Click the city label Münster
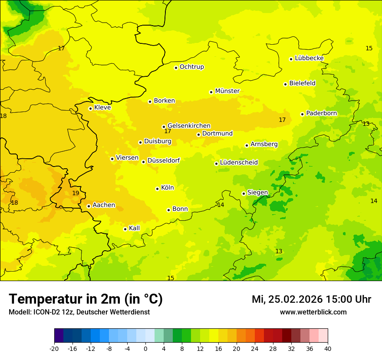[x=227, y=91]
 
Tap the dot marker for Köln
[x=157, y=189]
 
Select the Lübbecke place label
[x=309, y=58]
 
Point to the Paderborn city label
[x=321, y=113]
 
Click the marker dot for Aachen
[x=89, y=206]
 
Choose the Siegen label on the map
[x=257, y=193]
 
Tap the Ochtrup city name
[x=191, y=67]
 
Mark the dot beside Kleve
[x=90, y=108]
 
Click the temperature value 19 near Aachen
[x=76, y=193]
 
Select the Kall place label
[x=134, y=228]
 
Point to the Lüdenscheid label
[x=239, y=163]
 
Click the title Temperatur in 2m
[x=86, y=299]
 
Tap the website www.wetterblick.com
[x=313, y=312]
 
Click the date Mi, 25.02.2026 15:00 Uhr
[x=311, y=299]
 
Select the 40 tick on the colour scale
[x=328, y=348]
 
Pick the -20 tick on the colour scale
[x=54, y=348]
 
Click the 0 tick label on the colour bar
[x=145, y=348]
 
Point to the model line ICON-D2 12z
[x=79, y=312]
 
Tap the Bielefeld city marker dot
[x=285, y=84]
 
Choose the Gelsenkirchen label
[x=189, y=126]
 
